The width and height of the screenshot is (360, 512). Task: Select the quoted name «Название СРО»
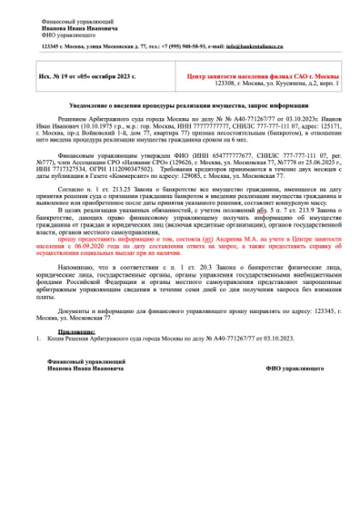(164, 160)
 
